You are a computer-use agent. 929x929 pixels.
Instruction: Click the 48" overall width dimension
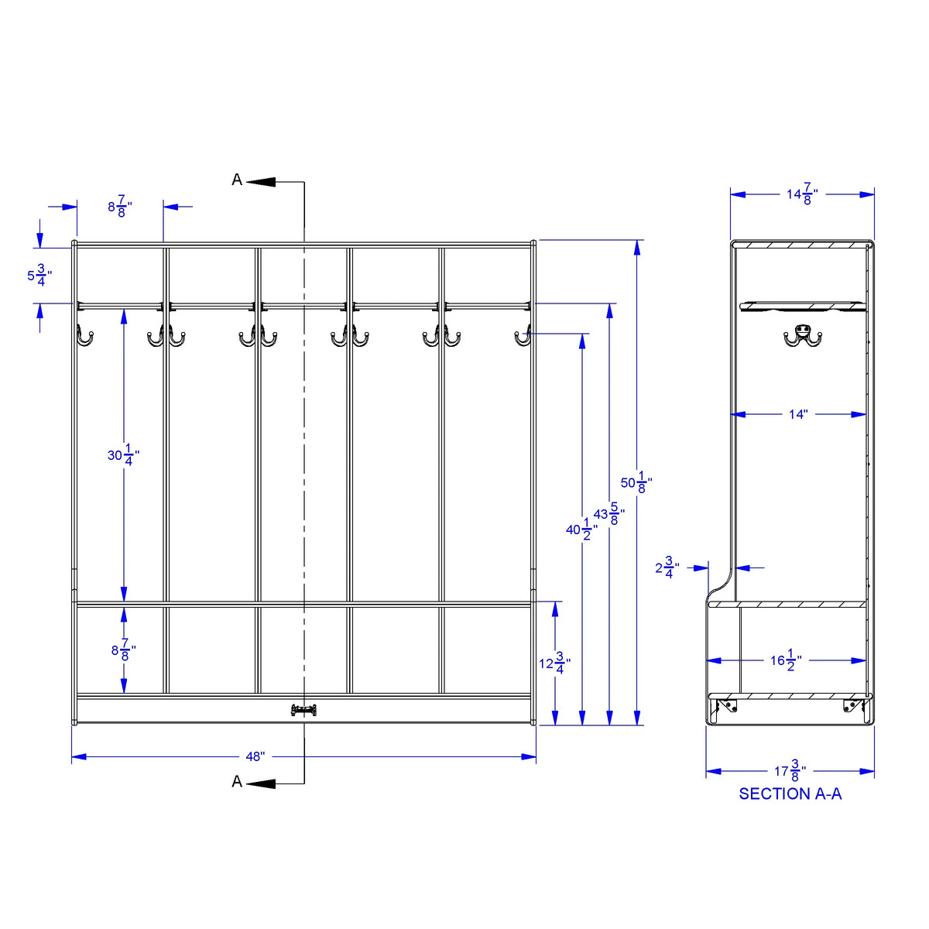tap(255, 756)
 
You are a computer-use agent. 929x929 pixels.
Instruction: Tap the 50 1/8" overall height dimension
tap(636, 482)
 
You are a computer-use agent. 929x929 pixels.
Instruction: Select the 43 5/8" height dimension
tap(609, 514)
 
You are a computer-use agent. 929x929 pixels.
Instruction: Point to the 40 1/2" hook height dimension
tap(581, 530)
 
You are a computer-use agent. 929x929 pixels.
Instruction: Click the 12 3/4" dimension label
tap(554, 663)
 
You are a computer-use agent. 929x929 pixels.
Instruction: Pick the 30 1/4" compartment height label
tap(123, 454)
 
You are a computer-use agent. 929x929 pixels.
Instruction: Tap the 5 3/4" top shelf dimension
tap(39, 276)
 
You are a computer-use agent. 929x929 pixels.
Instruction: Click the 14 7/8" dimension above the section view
tap(802, 194)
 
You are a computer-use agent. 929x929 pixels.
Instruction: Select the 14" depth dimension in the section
tap(798, 414)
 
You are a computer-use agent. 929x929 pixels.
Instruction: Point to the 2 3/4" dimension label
tap(667, 567)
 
